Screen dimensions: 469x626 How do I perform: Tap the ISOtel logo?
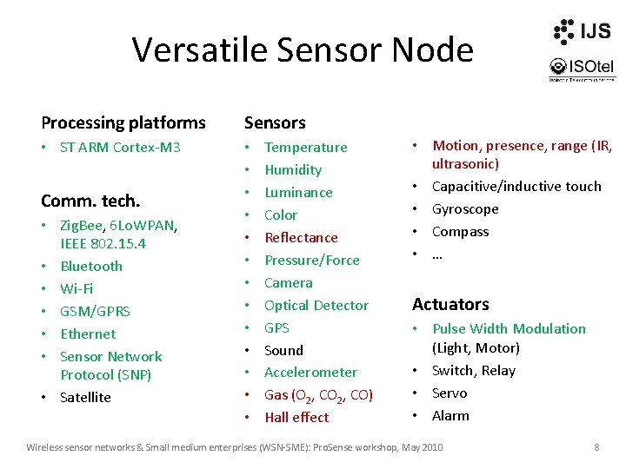coord(581,68)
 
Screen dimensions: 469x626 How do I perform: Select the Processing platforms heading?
coord(123,122)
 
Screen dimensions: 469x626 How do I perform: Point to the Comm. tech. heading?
coord(90,201)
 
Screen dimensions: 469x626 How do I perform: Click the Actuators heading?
coord(450,304)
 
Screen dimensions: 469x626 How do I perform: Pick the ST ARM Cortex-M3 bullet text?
coord(120,147)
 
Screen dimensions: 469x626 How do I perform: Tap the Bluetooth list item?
coord(91,266)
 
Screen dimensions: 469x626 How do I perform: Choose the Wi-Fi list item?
coord(77,288)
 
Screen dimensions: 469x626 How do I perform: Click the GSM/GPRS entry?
coord(95,311)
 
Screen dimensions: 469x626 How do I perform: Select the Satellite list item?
coord(85,397)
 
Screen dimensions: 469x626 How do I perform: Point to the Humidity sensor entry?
coord(293,169)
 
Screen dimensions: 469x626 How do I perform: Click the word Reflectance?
coord(301,237)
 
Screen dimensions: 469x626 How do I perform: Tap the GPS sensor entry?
coord(276,327)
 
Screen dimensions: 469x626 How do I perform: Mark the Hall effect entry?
coord(296,417)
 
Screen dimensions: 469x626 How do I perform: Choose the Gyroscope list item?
coord(465,208)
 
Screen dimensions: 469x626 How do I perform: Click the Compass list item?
coord(460,231)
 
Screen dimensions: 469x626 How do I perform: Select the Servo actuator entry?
coord(450,393)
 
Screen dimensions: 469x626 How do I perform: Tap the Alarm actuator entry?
coord(450,415)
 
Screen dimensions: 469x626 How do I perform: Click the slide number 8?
coord(596,446)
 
